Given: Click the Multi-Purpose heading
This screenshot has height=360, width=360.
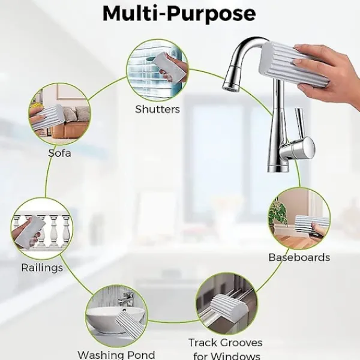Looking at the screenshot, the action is [179, 13].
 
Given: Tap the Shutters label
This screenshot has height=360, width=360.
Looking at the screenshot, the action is [157, 109].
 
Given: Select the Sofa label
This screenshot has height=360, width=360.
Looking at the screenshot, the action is [59, 153].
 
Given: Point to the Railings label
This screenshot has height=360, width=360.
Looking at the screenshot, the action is [42, 268].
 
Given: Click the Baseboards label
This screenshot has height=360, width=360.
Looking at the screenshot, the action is [299, 257].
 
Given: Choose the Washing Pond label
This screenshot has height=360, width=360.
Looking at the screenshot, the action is [116, 355].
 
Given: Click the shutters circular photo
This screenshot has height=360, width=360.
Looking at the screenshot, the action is [157, 70].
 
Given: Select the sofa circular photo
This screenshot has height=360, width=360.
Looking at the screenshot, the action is [59, 114].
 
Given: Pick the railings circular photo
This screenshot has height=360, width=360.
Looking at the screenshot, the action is [42, 229].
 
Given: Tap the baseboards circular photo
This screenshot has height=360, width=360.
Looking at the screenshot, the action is [299, 218].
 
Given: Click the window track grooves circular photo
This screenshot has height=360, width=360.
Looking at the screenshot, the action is [227, 304].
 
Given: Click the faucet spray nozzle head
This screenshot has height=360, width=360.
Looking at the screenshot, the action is [232, 78].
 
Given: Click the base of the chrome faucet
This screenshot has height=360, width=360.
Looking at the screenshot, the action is [278, 167].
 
